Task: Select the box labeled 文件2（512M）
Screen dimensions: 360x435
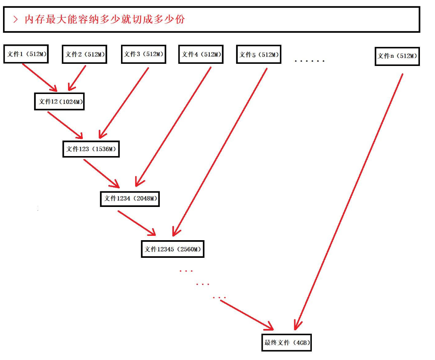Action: point(84,54)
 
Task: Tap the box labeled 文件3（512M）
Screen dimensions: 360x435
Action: point(143,54)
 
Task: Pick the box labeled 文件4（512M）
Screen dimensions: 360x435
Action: point(201,54)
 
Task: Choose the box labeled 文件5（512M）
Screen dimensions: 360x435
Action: point(259,55)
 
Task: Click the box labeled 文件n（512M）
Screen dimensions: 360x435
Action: point(397,56)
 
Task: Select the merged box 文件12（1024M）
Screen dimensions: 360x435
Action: point(59,101)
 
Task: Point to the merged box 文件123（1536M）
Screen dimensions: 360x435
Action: point(90,149)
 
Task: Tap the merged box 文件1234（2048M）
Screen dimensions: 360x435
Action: point(130,198)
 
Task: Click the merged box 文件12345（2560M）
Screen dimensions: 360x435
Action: point(173,249)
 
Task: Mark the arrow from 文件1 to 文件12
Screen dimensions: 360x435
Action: point(40,78)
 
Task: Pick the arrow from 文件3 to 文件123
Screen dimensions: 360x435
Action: point(124,102)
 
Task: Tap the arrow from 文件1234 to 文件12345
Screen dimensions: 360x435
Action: point(137,223)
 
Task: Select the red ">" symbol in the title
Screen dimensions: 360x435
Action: point(16,19)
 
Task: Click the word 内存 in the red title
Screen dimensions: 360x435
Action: point(34,19)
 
